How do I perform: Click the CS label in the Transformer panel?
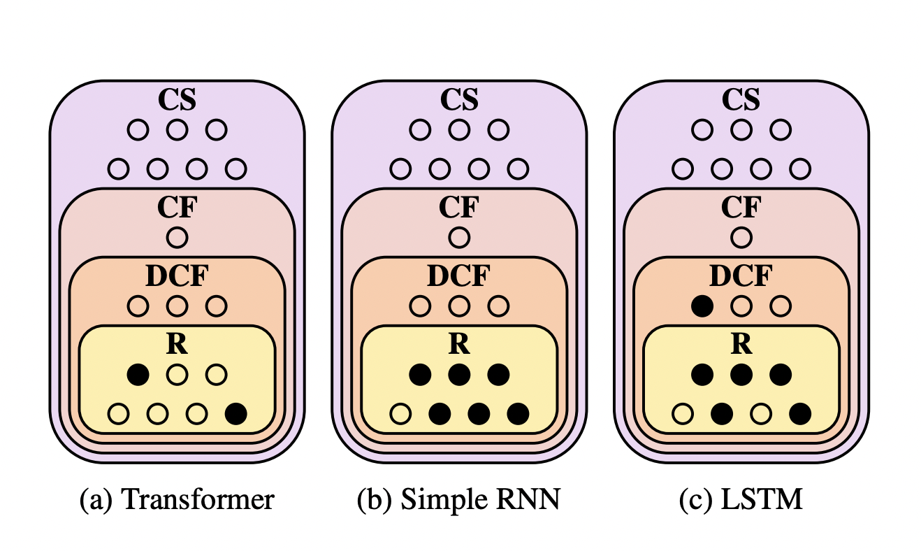[x=177, y=100]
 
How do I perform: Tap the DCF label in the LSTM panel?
[x=741, y=277]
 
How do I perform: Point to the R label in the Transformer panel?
[x=177, y=345]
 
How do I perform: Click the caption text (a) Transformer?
[x=177, y=501]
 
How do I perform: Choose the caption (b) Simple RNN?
[x=458, y=501]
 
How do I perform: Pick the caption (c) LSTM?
[x=741, y=501]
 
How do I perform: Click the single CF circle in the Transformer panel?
[x=177, y=238]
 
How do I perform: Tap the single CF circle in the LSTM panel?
[x=741, y=238]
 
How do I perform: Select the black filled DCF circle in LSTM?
[x=702, y=306]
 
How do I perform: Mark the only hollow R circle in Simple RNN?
[x=400, y=414]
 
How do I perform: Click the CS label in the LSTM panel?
[x=741, y=100]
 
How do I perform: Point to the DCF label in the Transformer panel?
[x=177, y=277]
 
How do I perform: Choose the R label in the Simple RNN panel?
[x=458, y=345]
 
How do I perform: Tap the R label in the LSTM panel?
[x=741, y=345]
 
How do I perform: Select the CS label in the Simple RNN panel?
[x=458, y=100]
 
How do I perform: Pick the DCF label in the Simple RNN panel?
[x=458, y=277]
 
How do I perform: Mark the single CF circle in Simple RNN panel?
[x=458, y=238]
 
